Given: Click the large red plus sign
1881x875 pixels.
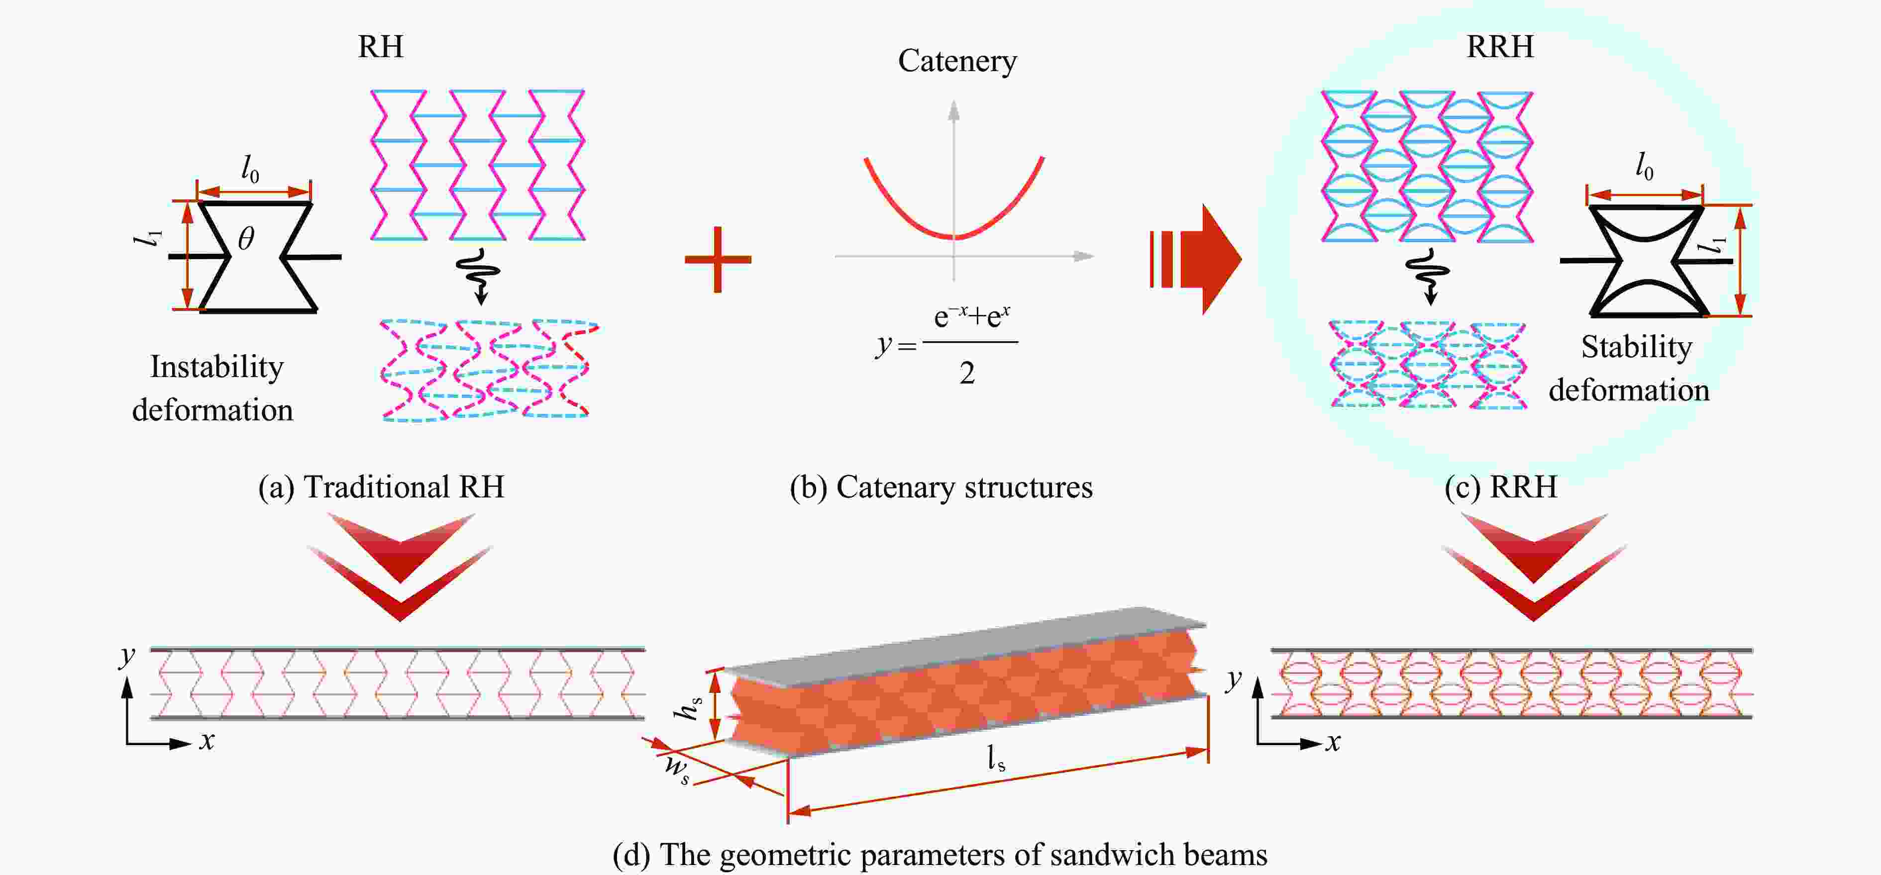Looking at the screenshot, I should point(718,260).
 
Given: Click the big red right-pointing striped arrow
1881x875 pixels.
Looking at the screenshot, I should point(1198,259).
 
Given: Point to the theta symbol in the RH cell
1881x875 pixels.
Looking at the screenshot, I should point(246,239).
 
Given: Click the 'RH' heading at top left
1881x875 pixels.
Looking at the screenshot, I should point(381,47).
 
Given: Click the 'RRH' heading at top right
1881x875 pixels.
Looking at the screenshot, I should point(1500,47).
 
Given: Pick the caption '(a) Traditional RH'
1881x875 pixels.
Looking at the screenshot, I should point(381,487).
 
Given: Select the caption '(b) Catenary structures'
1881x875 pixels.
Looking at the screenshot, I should point(941,487).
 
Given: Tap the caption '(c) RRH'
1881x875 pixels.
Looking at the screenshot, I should point(1500,487).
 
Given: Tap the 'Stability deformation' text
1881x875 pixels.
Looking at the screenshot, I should point(1630,369).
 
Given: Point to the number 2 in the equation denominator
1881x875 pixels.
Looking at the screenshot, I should point(967,374).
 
